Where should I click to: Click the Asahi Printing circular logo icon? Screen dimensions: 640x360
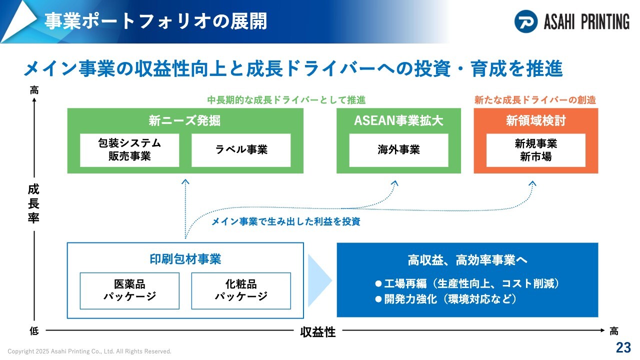coord(525,21)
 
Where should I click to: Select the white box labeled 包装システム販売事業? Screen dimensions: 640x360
coord(129,150)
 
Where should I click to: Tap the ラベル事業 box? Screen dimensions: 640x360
coord(241,150)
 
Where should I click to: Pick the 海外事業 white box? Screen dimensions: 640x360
coord(398,150)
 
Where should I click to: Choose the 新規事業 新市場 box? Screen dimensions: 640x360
coord(535,150)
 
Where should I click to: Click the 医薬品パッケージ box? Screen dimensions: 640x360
coord(129,291)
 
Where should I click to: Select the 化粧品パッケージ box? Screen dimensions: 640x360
coord(241,291)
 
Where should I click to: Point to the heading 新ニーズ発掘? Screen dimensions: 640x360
coord(184,120)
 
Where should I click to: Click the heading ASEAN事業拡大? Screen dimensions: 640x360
coord(398,120)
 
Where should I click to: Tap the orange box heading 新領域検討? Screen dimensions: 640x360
coord(535,120)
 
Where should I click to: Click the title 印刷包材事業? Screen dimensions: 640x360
coord(185,259)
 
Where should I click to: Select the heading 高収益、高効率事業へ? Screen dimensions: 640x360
coord(467,260)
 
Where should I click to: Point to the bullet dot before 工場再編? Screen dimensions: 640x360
coord(378,283)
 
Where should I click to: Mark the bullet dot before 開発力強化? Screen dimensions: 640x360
coord(378,299)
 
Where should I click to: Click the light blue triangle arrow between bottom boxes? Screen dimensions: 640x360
coord(319,280)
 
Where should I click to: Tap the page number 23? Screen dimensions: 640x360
coord(623,347)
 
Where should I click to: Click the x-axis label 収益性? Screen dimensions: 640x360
coord(317,332)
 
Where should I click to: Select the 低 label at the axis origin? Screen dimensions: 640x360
coord(34,331)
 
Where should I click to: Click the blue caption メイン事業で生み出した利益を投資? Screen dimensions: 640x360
coord(285,221)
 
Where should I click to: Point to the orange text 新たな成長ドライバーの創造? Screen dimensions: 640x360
coord(535,100)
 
